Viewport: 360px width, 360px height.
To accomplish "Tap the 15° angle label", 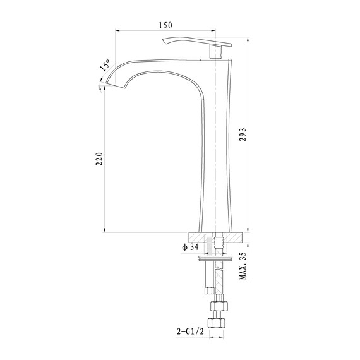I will [x=104, y=66].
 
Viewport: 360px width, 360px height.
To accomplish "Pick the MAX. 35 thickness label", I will [x=243, y=265].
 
